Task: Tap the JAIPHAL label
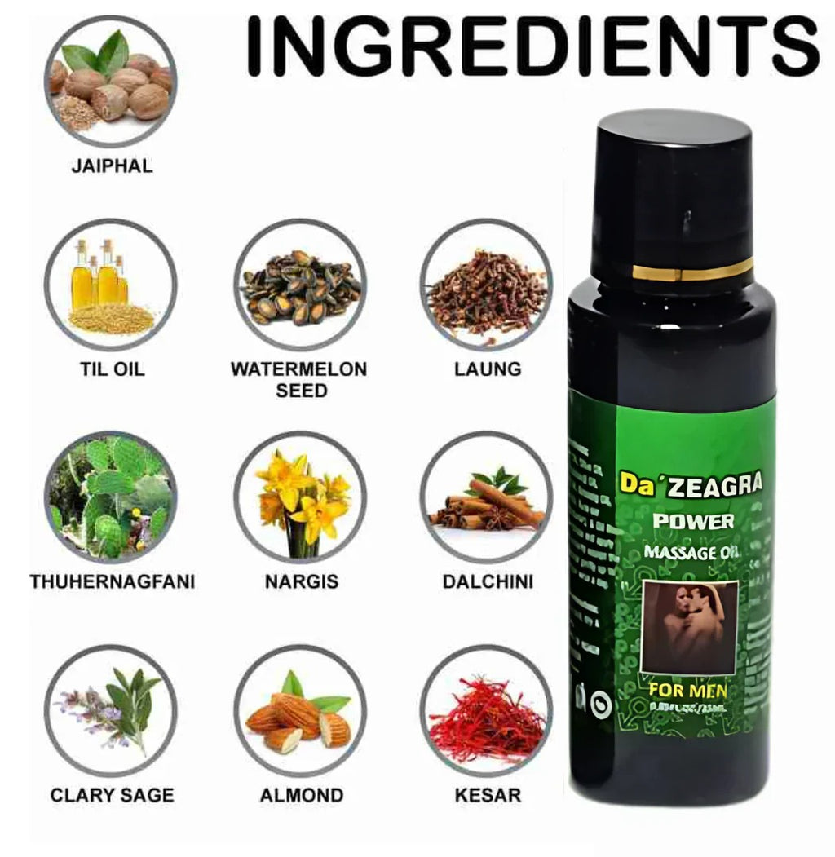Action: tap(112, 166)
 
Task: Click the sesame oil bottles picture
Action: tap(110, 285)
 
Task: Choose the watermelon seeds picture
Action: tap(299, 285)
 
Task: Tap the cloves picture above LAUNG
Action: tap(487, 285)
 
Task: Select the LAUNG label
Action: tap(487, 369)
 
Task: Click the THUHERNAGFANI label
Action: tap(112, 582)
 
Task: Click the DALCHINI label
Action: tap(487, 582)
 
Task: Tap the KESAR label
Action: tap(487, 794)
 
